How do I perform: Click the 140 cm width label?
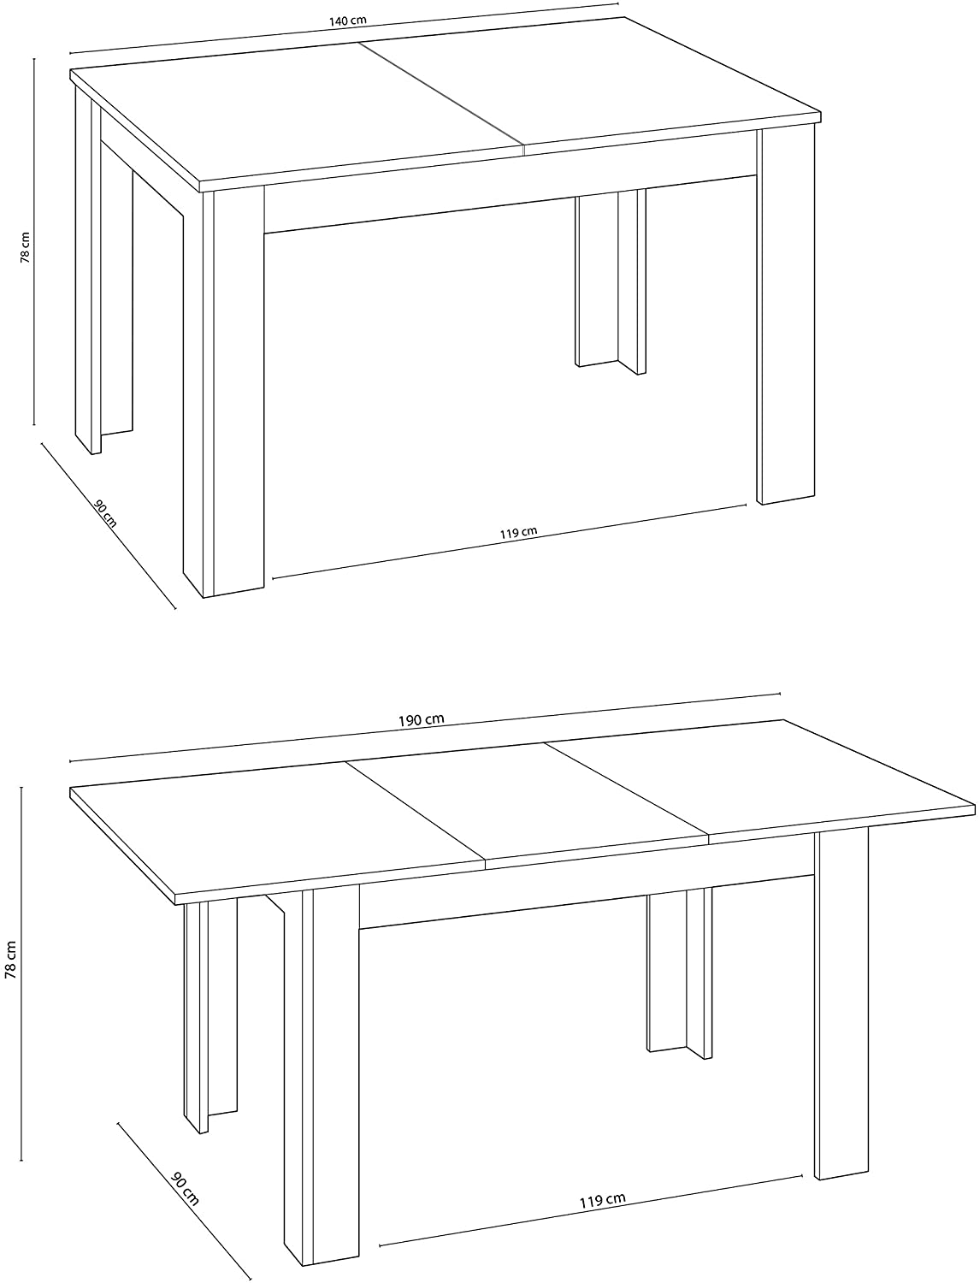point(347,21)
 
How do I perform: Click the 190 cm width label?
point(422,720)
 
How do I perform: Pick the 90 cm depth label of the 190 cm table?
point(185,1190)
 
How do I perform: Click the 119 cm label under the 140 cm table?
point(518,534)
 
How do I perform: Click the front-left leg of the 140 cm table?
point(224,393)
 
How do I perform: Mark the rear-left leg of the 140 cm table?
point(88,274)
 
